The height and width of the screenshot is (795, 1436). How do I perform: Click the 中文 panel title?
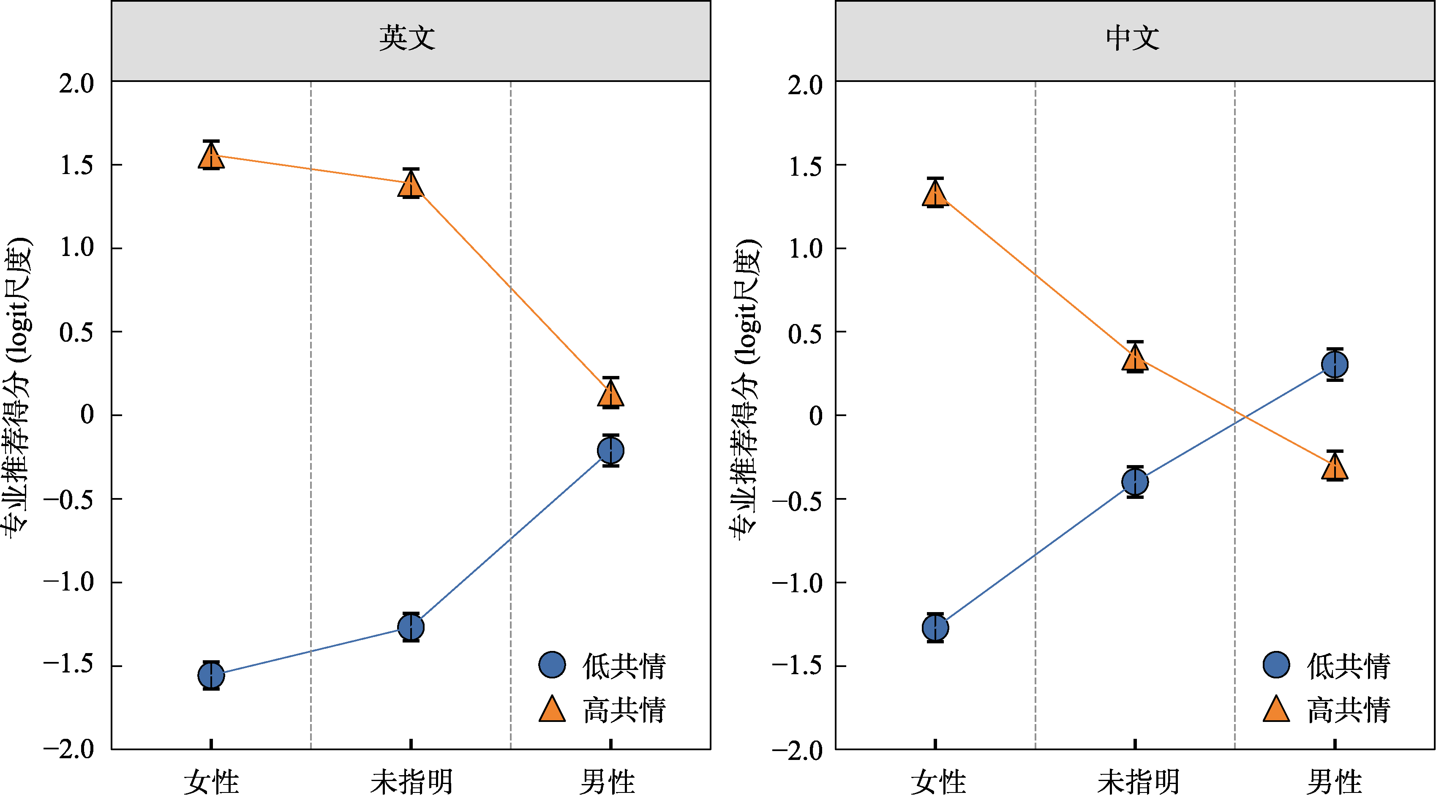(x=1132, y=38)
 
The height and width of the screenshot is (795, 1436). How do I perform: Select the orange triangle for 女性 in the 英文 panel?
(x=211, y=155)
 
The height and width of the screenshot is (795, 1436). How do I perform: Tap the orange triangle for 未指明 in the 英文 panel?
(x=411, y=184)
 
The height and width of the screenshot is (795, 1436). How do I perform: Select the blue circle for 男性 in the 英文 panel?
(x=610, y=450)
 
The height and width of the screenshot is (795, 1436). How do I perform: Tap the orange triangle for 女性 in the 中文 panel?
(x=935, y=194)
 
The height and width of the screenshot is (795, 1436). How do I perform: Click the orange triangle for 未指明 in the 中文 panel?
(x=1135, y=358)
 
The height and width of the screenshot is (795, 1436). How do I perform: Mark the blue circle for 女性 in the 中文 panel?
(x=935, y=628)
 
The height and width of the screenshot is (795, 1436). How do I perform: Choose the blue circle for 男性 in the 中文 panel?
(x=1335, y=365)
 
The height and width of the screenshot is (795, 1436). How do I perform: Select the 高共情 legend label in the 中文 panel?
(x=1349, y=710)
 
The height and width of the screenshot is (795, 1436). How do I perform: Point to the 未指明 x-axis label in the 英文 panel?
(x=411, y=781)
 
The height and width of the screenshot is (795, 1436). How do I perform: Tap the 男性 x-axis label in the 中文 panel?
(x=1335, y=781)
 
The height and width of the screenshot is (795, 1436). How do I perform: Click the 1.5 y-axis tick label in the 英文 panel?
(x=77, y=166)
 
